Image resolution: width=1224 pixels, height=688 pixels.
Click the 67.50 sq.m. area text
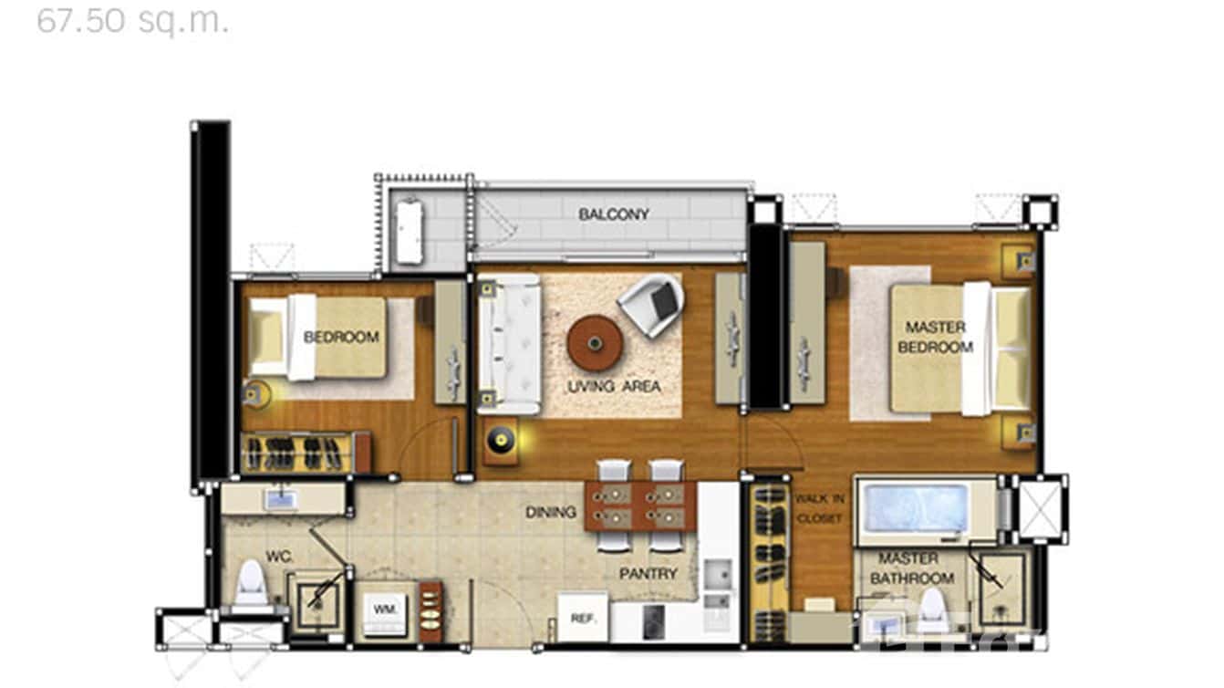(x=132, y=20)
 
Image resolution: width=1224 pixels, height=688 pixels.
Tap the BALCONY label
(x=614, y=214)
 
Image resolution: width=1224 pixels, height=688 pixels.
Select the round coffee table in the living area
(x=595, y=343)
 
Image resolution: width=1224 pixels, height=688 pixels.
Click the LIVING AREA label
(x=614, y=387)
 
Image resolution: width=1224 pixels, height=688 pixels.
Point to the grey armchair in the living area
(x=653, y=303)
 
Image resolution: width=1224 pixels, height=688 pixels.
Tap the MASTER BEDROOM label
(x=935, y=337)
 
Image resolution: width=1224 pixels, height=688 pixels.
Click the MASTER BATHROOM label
(x=911, y=568)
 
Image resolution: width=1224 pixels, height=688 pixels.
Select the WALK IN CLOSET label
(x=819, y=508)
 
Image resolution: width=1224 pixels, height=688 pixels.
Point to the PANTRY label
(x=648, y=574)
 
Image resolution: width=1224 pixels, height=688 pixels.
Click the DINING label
(x=550, y=512)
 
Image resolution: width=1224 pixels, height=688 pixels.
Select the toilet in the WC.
(x=251, y=586)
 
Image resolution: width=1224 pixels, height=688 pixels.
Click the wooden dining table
(x=639, y=506)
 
